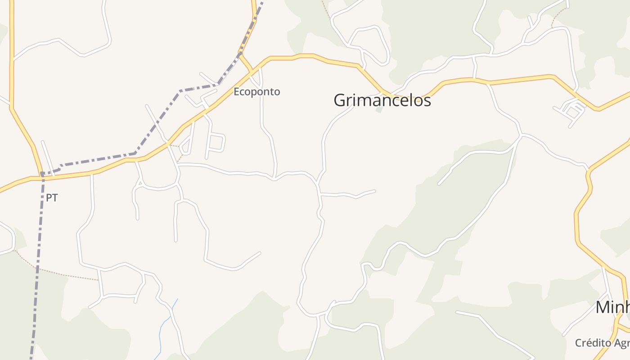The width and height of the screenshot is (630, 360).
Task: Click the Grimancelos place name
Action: tap(382, 100)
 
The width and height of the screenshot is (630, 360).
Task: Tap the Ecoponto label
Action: tap(256, 92)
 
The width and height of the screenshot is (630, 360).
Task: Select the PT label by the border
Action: tap(52, 198)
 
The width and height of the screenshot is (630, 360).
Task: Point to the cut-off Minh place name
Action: tap(612, 307)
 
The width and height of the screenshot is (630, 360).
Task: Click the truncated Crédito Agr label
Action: tap(602, 343)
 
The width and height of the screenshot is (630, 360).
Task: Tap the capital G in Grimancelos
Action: tap(340, 100)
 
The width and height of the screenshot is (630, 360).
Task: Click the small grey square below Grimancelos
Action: tap(379, 109)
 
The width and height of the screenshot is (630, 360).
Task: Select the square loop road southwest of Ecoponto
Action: tap(216, 143)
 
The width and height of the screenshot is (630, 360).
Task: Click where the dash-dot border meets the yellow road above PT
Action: tap(42, 174)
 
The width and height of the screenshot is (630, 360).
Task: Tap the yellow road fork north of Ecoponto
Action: tap(243, 57)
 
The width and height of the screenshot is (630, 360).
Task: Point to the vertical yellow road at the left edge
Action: tap(11, 54)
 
